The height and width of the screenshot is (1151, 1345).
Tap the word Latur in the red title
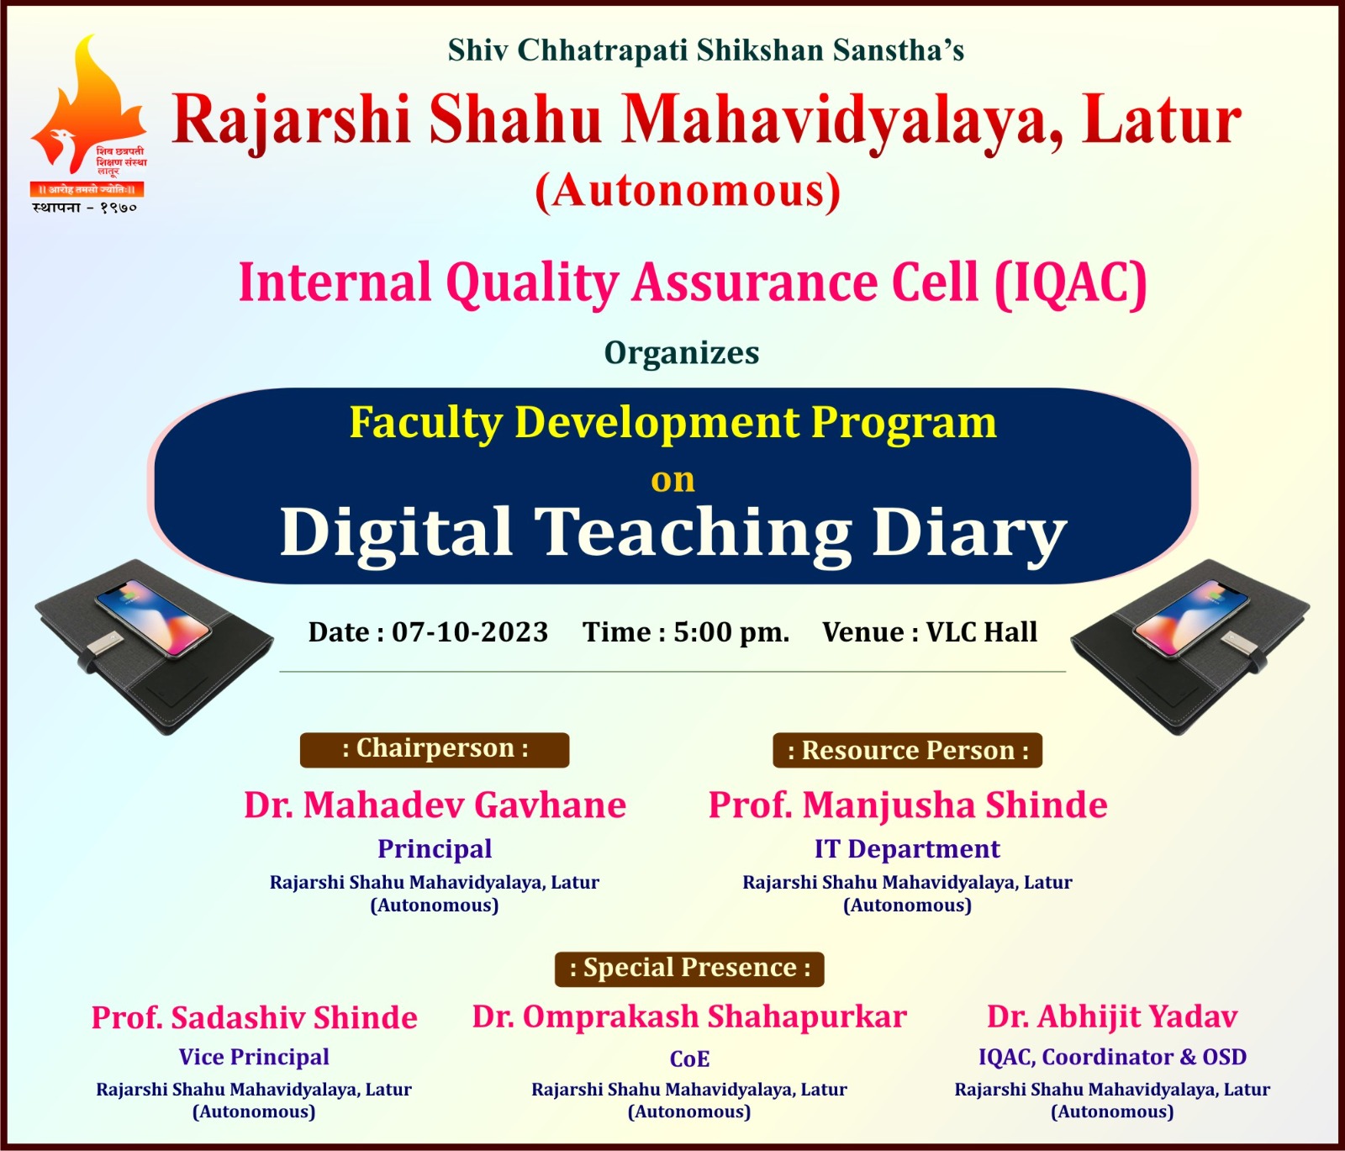click(1162, 120)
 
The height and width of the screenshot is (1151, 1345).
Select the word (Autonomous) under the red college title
click(688, 191)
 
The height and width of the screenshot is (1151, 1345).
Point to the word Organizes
click(682, 352)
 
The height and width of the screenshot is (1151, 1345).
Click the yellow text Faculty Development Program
click(672, 423)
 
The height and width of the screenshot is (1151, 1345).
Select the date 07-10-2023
click(470, 632)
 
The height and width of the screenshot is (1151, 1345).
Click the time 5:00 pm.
click(731, 632)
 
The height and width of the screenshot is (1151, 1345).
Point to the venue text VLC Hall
click(982, 632)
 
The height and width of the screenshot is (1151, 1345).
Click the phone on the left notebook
click(153, 617)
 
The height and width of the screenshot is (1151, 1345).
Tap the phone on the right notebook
click(1192, 617)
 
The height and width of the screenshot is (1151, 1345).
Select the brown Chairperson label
click(435, 749)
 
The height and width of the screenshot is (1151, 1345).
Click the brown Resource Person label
click(908, 750)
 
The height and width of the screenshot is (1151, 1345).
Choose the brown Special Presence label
click(689, 969)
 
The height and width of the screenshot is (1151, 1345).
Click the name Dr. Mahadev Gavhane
click(435, 805)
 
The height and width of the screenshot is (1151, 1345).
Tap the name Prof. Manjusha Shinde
click(908, 805)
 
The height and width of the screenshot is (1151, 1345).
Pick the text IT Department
click(907, 849)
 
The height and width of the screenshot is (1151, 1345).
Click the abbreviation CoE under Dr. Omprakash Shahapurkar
click(689, 1059)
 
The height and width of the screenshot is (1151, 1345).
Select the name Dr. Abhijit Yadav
click(1112, 1017)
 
